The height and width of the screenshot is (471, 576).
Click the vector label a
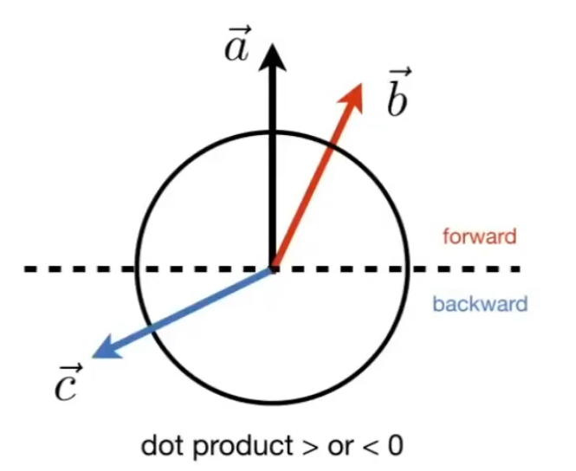click(236, 47)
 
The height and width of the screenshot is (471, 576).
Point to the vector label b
click(397, 96)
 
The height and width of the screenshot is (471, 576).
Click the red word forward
click(479, 235)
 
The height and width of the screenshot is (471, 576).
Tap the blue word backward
click(479, 304)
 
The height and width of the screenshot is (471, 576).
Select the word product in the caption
click(228, 447)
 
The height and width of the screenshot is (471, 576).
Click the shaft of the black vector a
click(273, 173)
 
